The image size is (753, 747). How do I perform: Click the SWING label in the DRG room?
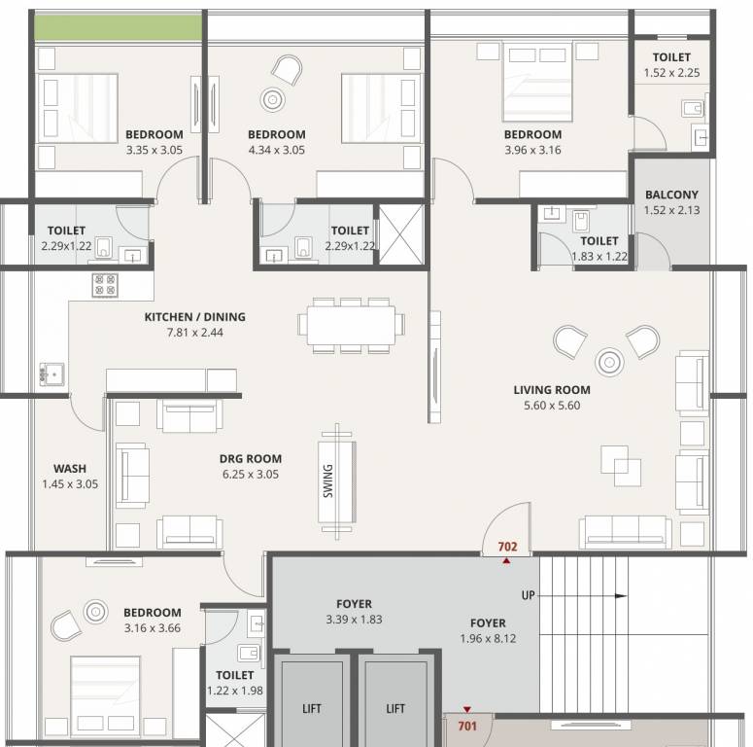(328, 480)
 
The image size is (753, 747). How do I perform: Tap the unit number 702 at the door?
(506, 548)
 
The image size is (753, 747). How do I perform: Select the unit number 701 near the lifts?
(467, 726)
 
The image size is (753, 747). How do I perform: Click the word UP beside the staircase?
(529, 594)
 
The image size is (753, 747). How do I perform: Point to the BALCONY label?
(671, 195)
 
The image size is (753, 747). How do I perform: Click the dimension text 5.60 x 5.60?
(552, 406)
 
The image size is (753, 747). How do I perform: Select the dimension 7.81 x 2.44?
(194, 333)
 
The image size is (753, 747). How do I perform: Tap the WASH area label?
(70, 468)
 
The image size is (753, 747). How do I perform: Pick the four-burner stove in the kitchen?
(105, 284)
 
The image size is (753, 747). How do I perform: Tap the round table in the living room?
(609, 362)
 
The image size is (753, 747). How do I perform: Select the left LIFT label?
(311, 709)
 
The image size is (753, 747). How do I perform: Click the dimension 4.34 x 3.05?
(276, 150)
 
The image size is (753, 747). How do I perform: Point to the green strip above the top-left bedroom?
(119, 28)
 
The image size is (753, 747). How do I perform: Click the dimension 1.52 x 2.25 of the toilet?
(671, 73)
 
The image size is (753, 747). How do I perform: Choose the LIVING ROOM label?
(552, 390)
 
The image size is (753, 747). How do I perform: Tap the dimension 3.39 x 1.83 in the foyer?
(354, 620)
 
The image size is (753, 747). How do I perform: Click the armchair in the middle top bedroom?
(287, 68)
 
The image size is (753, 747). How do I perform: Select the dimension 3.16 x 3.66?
(152, 628)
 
